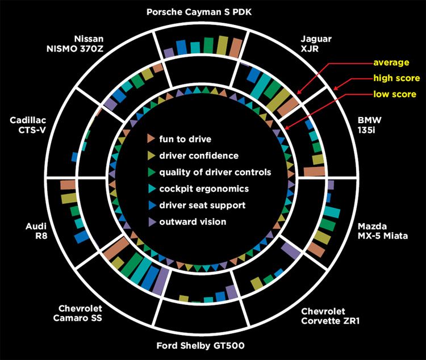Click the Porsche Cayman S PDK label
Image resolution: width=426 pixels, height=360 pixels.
click(x=199, y=12)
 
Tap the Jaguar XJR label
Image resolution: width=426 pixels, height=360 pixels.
click(x=316, y=44)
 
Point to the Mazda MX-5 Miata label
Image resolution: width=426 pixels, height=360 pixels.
click(x=382, y=231)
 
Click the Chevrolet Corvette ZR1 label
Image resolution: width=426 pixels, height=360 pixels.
click(x=330, y=316)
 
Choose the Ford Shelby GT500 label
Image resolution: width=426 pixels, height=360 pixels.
click(x=201, y=346)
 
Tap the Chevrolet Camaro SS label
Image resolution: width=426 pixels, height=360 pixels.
click(x=78, y=313)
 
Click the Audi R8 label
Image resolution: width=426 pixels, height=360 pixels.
click(x=37, y=231)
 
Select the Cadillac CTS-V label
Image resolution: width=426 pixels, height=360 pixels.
click(x=28, y=125)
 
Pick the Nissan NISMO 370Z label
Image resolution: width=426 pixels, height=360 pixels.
click(x=75, y=44)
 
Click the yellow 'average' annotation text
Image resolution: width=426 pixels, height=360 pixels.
click(x=391, y=62)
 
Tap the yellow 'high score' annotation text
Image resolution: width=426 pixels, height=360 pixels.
click(x=396, y=78)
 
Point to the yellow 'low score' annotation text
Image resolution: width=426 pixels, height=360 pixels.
click(x=395, y=94)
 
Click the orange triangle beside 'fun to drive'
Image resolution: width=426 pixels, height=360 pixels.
click(x=151, y=139)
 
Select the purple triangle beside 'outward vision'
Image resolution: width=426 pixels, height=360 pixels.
click(x=152, y=221)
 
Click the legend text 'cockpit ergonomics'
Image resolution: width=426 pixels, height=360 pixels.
click(x=204, y=189)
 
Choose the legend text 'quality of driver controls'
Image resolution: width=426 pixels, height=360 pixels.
click(x=215, y=172)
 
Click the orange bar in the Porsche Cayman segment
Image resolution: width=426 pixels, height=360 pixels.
click(x=236, y=48)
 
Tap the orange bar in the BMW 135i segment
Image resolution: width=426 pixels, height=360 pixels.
click(x=314, y=171)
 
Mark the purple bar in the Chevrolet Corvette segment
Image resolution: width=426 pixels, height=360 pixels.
click(x=291, y=250)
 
